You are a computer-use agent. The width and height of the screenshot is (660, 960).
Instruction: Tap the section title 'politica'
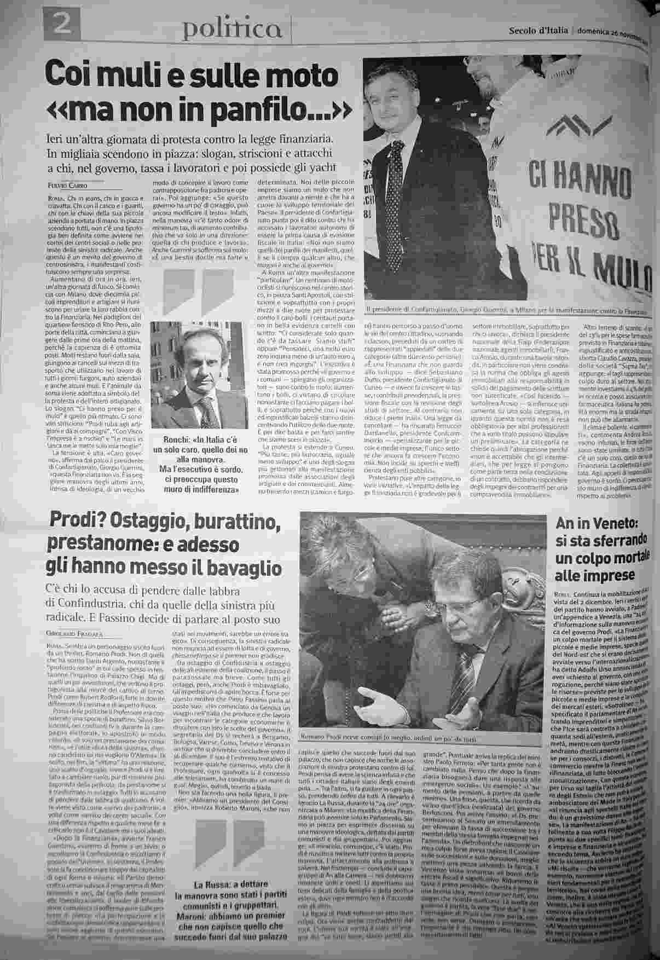pos(233,28)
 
